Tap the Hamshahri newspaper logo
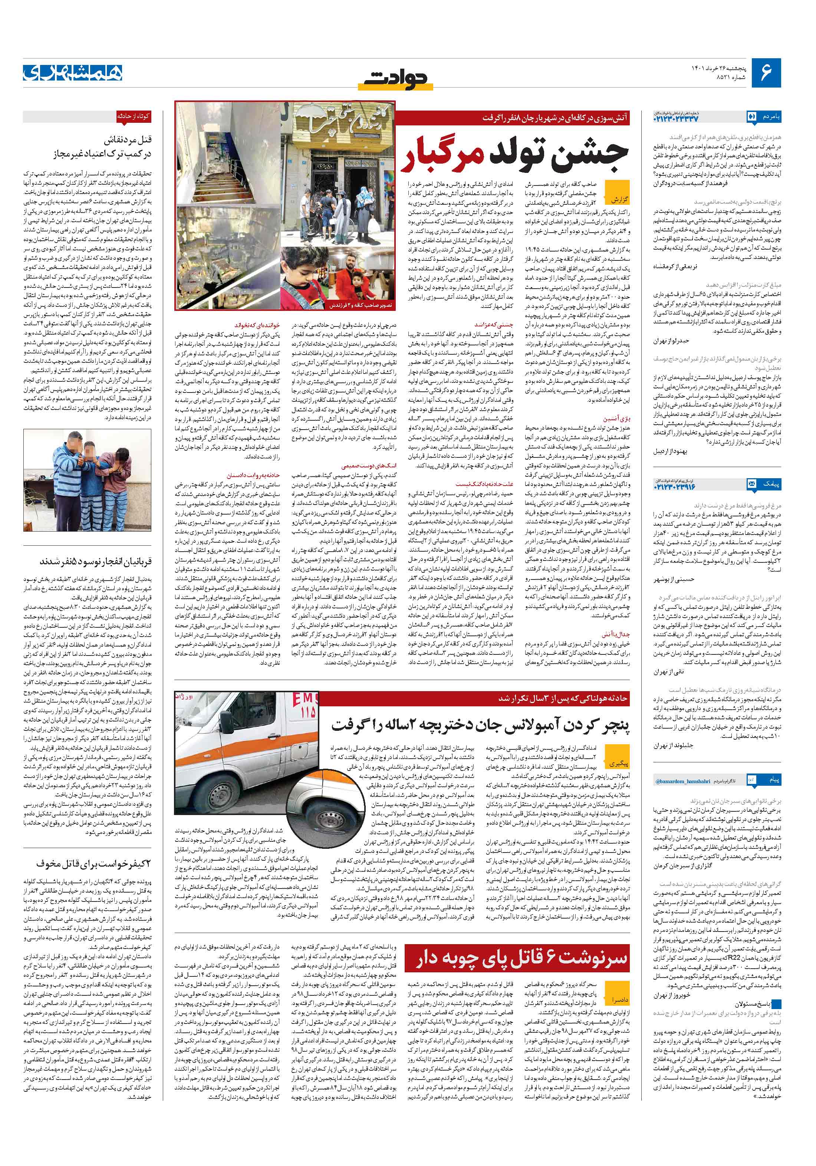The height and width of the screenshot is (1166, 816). click(x=73, y=73)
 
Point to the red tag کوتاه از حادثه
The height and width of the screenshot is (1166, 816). click(x=133, y=116)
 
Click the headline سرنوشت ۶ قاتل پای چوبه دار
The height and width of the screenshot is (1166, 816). click(x=522, y=960)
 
